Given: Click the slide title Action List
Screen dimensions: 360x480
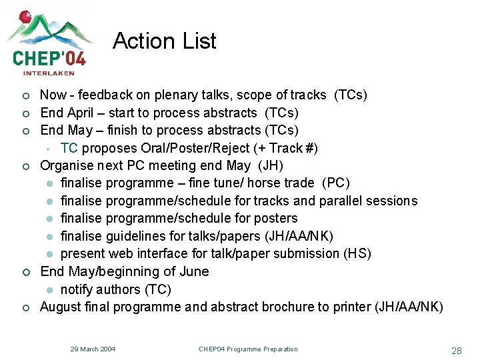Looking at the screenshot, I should click(x=165, y=41).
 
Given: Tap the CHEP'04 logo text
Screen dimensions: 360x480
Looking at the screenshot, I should click(x=49, y=58).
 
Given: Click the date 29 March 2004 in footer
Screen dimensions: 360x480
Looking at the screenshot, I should click(x=93, y=349).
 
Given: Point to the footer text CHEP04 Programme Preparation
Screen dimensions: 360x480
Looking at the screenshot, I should click(x=248, y=349).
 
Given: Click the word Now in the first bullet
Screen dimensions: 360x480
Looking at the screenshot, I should click(x=53, y=95).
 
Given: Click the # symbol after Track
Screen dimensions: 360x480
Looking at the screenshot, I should click(x=309, y=148).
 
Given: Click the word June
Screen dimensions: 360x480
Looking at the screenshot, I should click(x=193, y=271).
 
